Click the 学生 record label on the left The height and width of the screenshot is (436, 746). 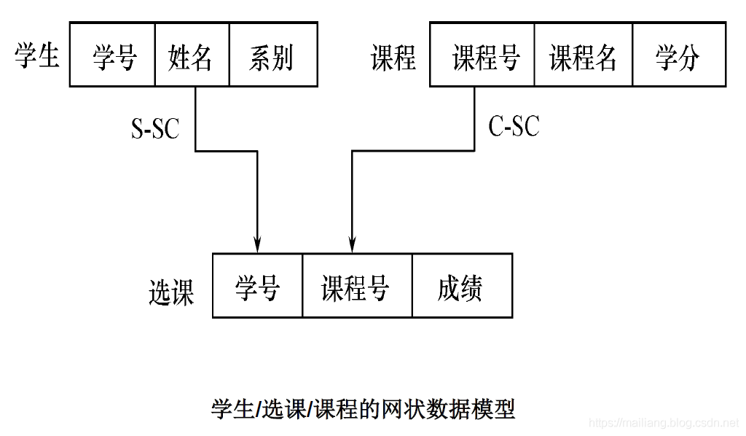coord(37,56)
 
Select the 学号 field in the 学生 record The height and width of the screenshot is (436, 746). coord(113,55)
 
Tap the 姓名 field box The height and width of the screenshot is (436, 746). coord(192,55)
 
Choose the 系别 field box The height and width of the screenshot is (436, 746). coord(273,55)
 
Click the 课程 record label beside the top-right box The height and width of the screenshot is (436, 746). coord(393,57)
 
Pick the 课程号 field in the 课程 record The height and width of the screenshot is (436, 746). coord(482,55)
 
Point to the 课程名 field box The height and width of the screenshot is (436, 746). coord(583,55)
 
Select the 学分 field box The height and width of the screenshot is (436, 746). coord(678,55)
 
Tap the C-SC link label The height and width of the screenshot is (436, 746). coord(514,126)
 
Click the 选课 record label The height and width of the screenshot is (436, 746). coord(171,292)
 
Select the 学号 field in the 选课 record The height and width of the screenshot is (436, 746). coord(257,286)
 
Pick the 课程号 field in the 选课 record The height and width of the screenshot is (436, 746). coord(357,286)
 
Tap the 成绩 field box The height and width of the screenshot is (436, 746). coord(462,286)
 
